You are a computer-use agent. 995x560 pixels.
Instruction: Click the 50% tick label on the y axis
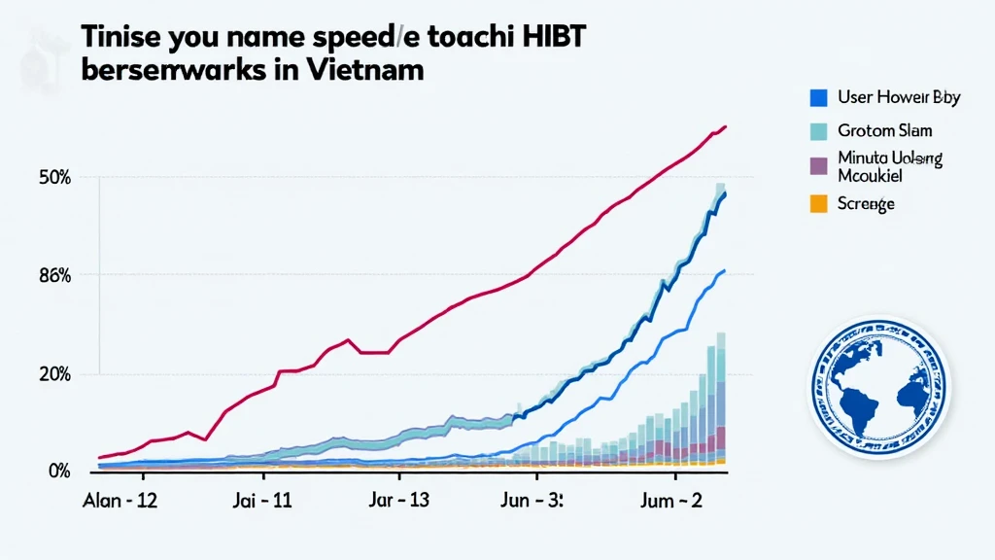pos(54,178)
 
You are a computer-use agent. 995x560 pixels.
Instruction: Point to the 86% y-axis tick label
pos(54,275)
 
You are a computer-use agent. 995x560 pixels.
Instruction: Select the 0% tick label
pos(58,472)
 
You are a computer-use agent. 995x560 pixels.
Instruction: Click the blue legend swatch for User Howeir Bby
pos(818,97)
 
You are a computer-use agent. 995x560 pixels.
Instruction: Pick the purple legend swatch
pos(818,165)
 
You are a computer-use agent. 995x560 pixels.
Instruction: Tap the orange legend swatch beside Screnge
pos(818,203)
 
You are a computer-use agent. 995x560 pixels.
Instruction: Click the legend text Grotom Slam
pos(884,131)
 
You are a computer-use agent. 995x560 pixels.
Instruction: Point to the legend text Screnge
pos(865,203)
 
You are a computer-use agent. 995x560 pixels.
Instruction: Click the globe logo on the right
pos(878,386)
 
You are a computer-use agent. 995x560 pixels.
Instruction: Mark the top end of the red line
pos(725,127)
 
